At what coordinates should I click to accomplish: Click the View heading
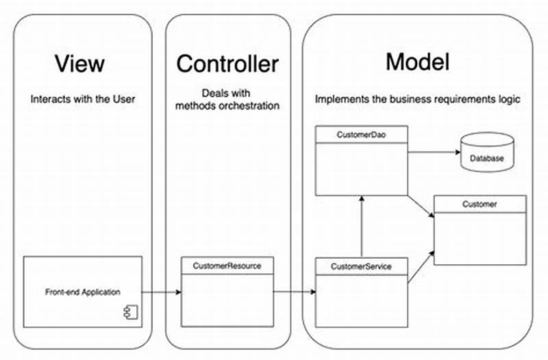(79, 64)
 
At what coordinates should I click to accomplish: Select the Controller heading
(227, 64)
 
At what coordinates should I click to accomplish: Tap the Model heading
(417, 62)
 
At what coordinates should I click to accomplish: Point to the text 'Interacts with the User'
(83, 99)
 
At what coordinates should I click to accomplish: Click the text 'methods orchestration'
(227, 105)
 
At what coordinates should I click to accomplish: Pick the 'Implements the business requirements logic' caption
(418, 99)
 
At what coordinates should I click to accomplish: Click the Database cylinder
(486, 151)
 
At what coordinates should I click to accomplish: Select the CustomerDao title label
(362, 135)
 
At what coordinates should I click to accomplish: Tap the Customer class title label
(480, 204)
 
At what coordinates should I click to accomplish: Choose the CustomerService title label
(362, 266)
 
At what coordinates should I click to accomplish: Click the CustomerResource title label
(227, 265)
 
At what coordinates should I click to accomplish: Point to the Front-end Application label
(83, 292)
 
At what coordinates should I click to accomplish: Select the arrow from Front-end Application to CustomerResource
(162, 292)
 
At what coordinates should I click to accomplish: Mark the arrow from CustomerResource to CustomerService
(295, 292)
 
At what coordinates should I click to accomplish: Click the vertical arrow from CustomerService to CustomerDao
(362, 226)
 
